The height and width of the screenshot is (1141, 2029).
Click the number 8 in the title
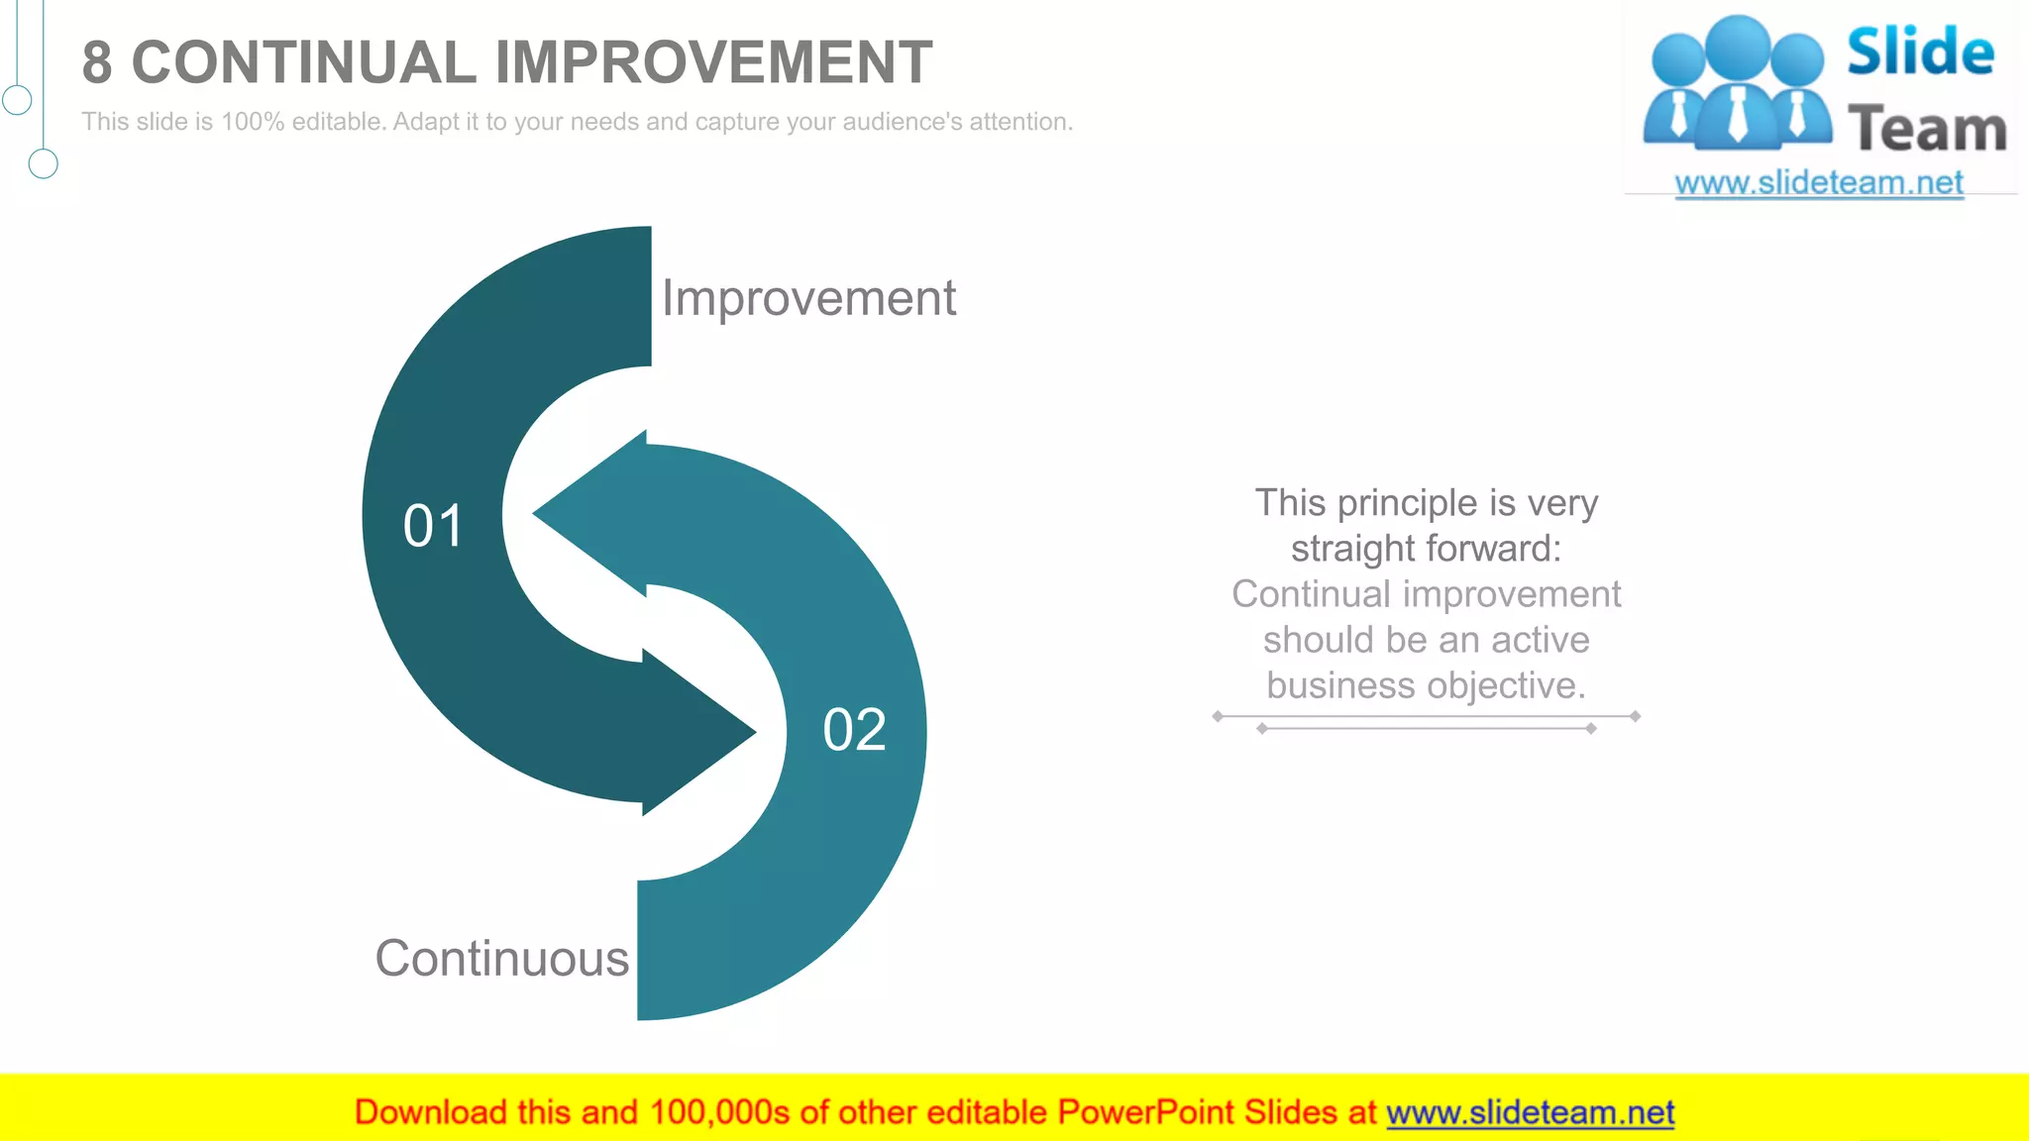[97, 62]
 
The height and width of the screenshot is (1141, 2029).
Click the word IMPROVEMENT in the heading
[713, 62]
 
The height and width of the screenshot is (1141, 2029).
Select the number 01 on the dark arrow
[433, 526]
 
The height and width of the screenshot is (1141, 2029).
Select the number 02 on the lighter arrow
[854, 730]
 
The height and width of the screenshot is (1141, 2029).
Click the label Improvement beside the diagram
[808, 298]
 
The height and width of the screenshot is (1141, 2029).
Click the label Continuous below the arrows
[501, 959]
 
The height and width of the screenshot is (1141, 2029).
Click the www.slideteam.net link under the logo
[1819, 183]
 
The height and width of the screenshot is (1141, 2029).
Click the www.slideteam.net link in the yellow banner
[1530, 1112]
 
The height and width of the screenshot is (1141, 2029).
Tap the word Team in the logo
[1927, 130]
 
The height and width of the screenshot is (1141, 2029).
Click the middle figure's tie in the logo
[1738, 114]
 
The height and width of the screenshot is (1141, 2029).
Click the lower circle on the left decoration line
[43, 163]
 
